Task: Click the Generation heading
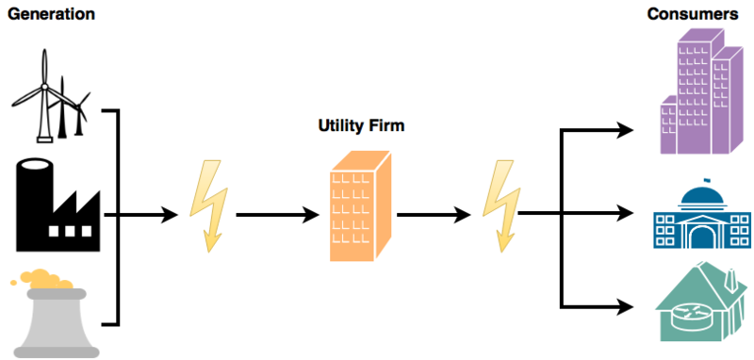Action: coord(52,14)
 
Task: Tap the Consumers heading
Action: coord(693,14)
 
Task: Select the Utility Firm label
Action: coord(362,126)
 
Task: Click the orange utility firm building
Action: coord(360,206)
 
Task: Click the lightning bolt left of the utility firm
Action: coord(208,205)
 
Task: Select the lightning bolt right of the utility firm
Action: coord(501,205)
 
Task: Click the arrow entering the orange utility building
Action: coord(277,215)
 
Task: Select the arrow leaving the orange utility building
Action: coord(434,215)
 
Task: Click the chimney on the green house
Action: coord(731,282)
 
